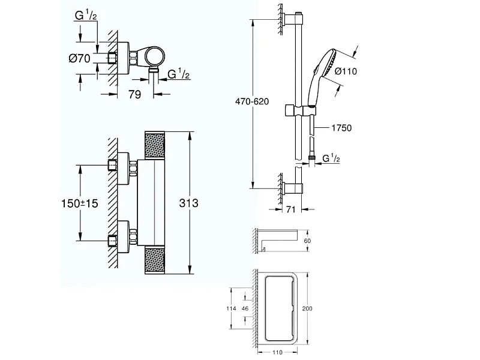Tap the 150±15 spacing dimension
(x=79, y=203)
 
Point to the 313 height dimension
(x=188, y=203)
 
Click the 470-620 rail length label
(x=246, y=103)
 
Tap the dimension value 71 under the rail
(x=289, y=211)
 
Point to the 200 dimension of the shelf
(x=308, y=308)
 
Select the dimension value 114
(x=228, y=308)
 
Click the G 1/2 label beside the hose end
(x=332, y=158)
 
